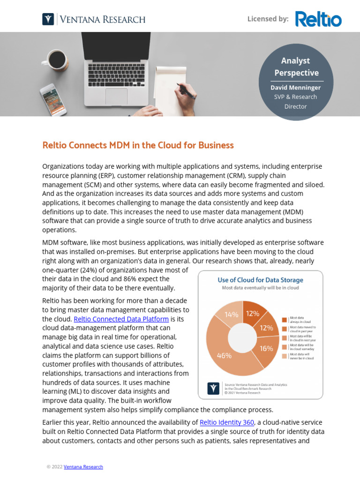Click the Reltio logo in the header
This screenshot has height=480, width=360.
tap(318, 19)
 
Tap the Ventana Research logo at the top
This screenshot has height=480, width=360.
tap(94, 19)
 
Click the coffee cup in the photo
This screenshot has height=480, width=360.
tap(56, 60)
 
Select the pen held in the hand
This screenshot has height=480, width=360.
tap(186, 90)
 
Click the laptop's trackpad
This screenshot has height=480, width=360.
tap(116, 96)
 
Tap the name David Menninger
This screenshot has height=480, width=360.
tap(295, 88)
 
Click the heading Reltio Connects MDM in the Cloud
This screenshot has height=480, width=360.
tap(138, 145)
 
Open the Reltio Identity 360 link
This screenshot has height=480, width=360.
tap(227, 422)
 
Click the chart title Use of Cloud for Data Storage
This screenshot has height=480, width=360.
tap(260, 280)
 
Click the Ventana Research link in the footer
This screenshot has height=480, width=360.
tap(83, 467)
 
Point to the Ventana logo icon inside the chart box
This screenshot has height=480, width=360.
tap(213, 388)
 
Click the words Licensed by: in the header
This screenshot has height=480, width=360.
tap(268, 19)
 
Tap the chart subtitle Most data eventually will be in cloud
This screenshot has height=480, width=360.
tap(260, 288)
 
